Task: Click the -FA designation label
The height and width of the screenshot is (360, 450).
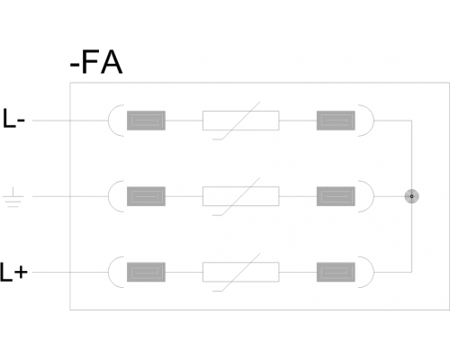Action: click(96, 63)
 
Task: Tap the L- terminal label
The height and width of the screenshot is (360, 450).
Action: click(13, 119)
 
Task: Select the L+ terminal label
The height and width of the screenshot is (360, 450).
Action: click(13, 272)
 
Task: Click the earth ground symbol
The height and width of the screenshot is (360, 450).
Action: click(13, 197)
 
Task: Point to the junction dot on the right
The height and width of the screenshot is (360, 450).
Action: click(411, 196)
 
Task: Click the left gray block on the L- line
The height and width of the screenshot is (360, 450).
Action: click(146, 121)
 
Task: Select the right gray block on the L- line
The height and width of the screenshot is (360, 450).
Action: click(336, 121)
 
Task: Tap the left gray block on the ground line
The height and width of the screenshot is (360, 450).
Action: click(146, 196)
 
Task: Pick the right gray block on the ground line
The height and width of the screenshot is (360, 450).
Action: click(336, 196)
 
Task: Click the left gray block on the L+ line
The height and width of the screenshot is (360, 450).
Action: click(146, 272)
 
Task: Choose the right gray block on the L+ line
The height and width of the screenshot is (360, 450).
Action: click(336, 272)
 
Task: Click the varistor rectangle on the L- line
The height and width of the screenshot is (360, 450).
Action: click(241, 121)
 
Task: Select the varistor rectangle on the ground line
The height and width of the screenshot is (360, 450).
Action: click(241, 196)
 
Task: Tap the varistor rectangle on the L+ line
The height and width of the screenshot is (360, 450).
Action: click(241, 272)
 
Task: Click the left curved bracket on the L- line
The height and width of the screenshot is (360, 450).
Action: click(109, 121)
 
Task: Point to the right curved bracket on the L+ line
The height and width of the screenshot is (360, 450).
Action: click(373, 272)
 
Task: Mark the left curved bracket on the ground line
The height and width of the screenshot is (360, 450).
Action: click(109, 196)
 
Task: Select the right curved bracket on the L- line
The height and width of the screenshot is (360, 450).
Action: click(373, 121)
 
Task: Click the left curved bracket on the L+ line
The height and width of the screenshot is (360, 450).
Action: click(109, 272)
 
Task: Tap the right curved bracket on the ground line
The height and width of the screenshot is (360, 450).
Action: click(373, 196)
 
